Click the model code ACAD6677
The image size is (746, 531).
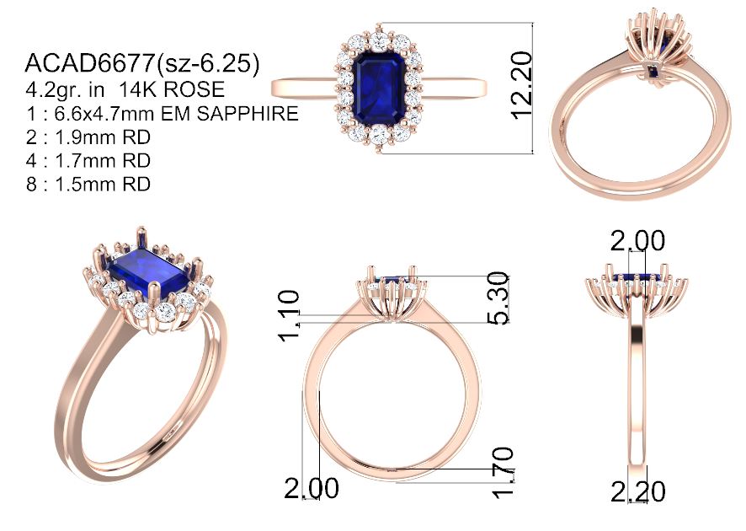click(89, 63)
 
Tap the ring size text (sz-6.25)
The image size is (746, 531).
click(208, 64)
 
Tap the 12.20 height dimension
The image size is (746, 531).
click(521, 85)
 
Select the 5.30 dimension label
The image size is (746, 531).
click(499, 298)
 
